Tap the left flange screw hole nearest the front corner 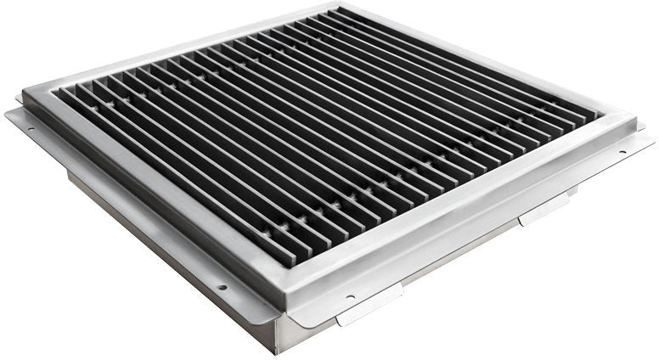click(x=222, y=287)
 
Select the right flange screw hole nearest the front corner click(x=349, y=297)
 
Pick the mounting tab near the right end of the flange click(x=544, y=207)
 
